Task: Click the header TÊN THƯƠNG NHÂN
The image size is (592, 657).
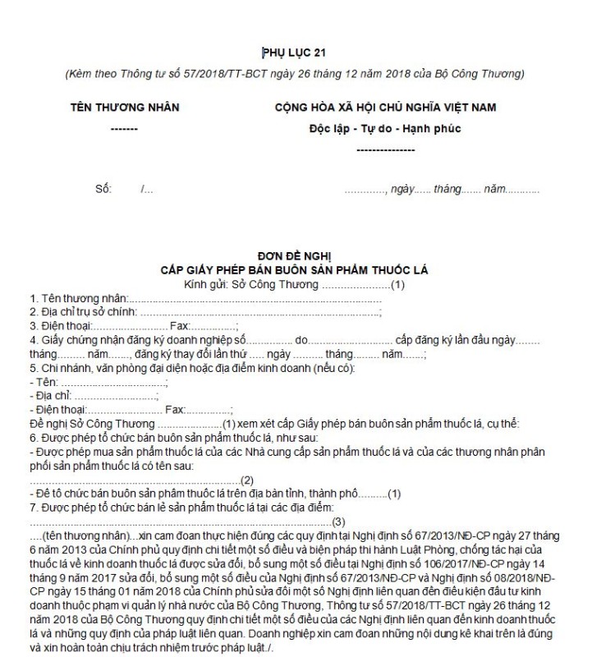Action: tap(123, 108)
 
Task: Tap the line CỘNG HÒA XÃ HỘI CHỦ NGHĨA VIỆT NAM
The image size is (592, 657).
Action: tap(385, 108)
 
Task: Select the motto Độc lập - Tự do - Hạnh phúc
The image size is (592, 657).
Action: tap(385, 129)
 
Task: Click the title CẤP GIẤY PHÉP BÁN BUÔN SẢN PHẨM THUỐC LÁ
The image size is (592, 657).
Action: tap(296, 270)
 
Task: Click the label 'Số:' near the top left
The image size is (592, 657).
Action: tap(103, 190)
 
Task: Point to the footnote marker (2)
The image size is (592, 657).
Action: tap(247, 480)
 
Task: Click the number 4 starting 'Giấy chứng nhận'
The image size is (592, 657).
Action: tap(33, 340)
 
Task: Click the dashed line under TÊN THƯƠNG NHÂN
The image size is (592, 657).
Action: tap(123, 130)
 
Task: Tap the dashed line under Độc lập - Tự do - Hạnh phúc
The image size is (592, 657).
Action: tap(386, 149)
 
